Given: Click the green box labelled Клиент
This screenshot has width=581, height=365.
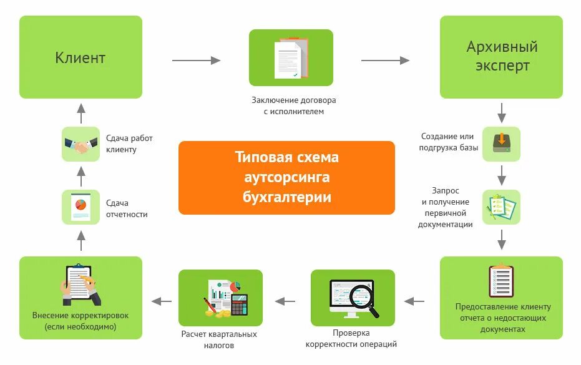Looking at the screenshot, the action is [81, 57].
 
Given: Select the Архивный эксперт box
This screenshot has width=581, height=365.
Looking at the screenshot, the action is [501, 57].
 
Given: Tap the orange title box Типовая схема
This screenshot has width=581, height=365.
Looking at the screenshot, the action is [286, 177].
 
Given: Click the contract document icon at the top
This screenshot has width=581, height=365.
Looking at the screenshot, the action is [291, 58].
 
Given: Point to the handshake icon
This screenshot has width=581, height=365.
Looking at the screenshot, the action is [81, 145].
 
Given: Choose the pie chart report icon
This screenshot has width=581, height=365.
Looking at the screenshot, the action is [81, 207].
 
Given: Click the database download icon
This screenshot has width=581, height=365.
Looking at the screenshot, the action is [501, 144].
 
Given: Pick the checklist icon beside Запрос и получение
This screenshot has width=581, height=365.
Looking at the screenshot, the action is [501, 207].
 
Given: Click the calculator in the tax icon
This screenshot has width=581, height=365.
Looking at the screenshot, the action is [239, 304].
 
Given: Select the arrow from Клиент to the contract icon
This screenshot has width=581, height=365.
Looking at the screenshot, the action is [196, 61].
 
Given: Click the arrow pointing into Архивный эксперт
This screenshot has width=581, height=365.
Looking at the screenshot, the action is [385, 61].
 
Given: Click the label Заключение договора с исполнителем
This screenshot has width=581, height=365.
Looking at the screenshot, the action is [289, 105].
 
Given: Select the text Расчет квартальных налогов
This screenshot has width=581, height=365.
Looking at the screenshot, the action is [219, 339].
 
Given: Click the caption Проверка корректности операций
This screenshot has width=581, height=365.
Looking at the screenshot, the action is [351, 338].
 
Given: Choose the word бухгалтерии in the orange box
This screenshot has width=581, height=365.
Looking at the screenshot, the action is [286, 197].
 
